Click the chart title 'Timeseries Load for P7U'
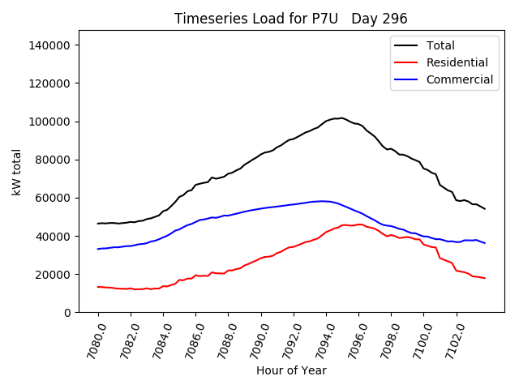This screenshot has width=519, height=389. (x=258, y=19)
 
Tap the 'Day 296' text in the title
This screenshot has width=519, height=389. (x=380, y=19)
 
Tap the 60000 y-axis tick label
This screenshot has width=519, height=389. (x=54, y=198)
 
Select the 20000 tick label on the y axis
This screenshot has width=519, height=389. (x=54, y=275)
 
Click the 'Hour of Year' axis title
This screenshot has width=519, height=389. (x=291, y=370)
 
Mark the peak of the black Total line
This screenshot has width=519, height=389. (x=341, y=118)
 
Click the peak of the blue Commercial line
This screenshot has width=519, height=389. (x=323, y=201)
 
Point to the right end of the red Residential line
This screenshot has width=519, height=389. (x=485, y=278)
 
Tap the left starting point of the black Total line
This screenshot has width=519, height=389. (x=98, y=224)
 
